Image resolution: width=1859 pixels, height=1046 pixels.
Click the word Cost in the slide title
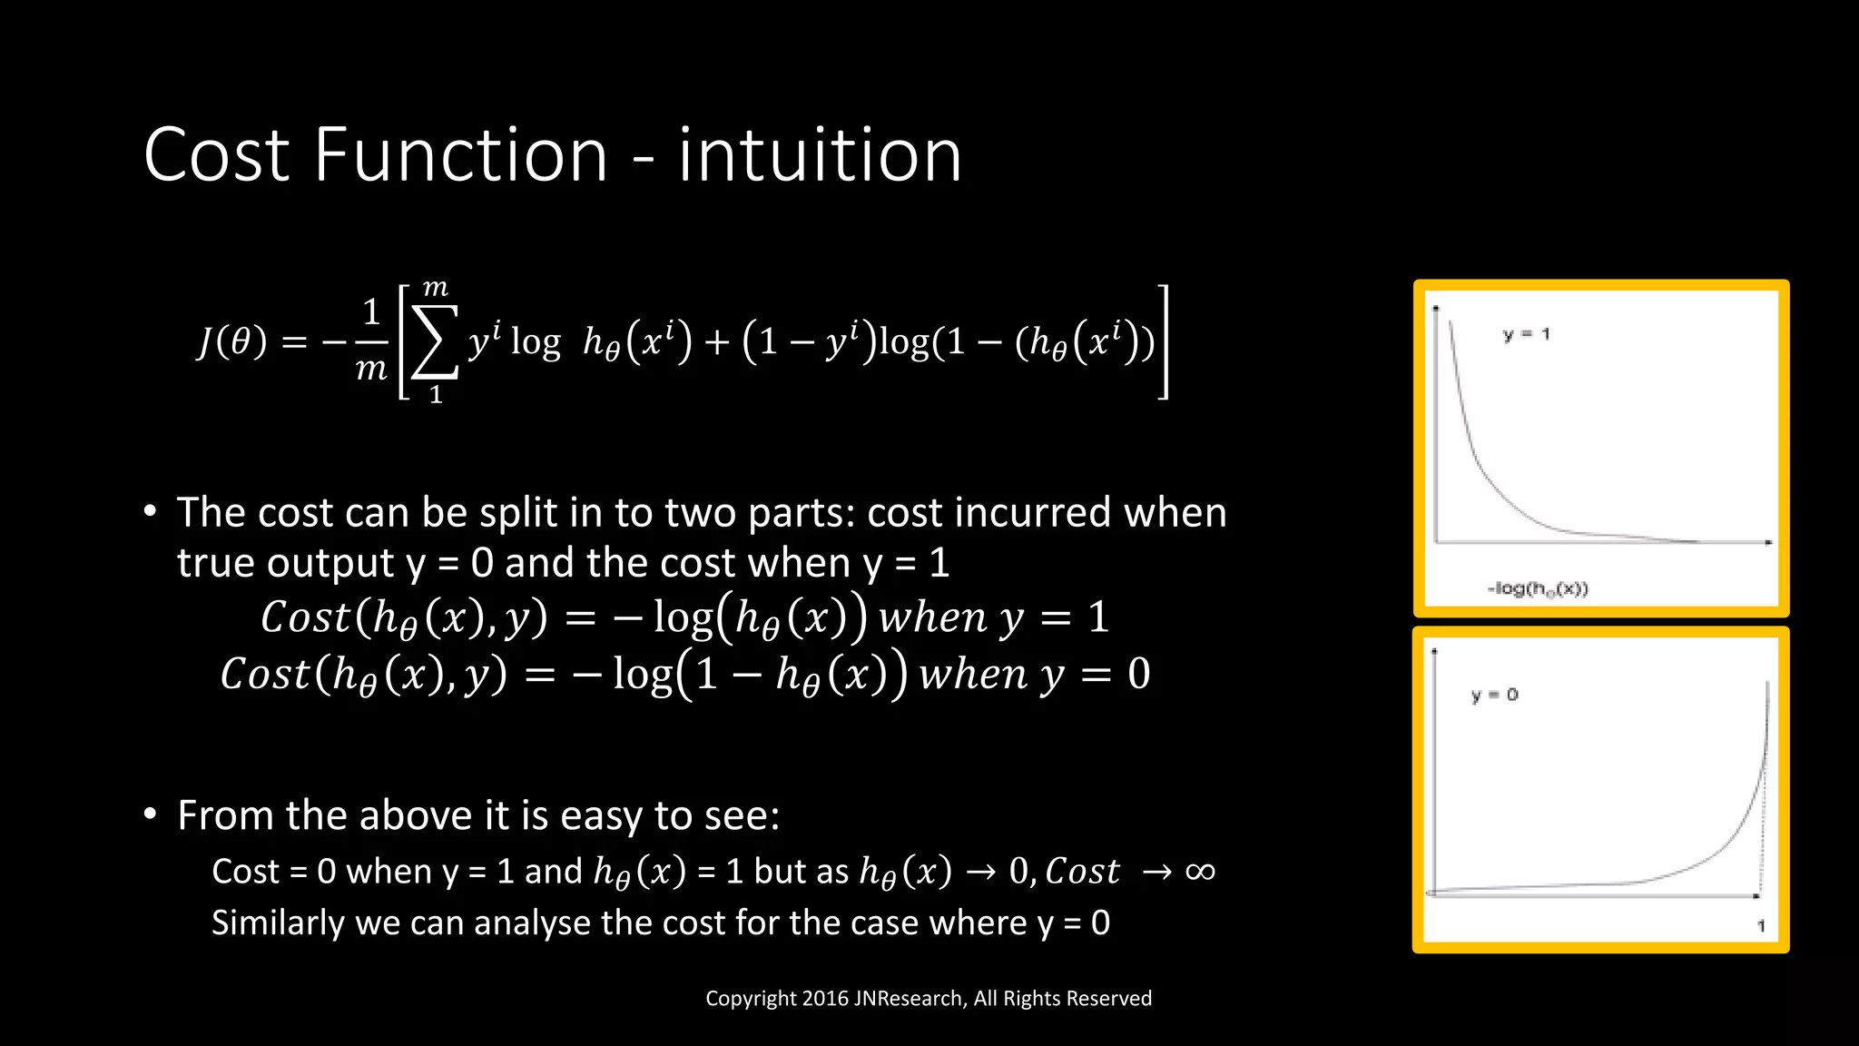217,155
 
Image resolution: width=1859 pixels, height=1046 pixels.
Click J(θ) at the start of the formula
232,342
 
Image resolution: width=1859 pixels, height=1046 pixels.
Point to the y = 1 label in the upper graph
1526,334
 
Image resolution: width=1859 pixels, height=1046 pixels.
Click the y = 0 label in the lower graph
1494,695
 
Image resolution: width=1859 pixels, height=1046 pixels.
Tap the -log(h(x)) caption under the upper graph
1538,588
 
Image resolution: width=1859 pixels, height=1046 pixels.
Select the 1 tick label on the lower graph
1761,926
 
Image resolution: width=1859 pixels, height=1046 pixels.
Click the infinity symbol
1200,872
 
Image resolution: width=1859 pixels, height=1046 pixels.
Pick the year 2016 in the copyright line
825,999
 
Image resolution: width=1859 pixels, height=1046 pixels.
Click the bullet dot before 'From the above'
151,814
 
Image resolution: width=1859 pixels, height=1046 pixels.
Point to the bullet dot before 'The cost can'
151,510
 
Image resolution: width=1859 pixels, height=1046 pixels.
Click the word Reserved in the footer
1112,999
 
